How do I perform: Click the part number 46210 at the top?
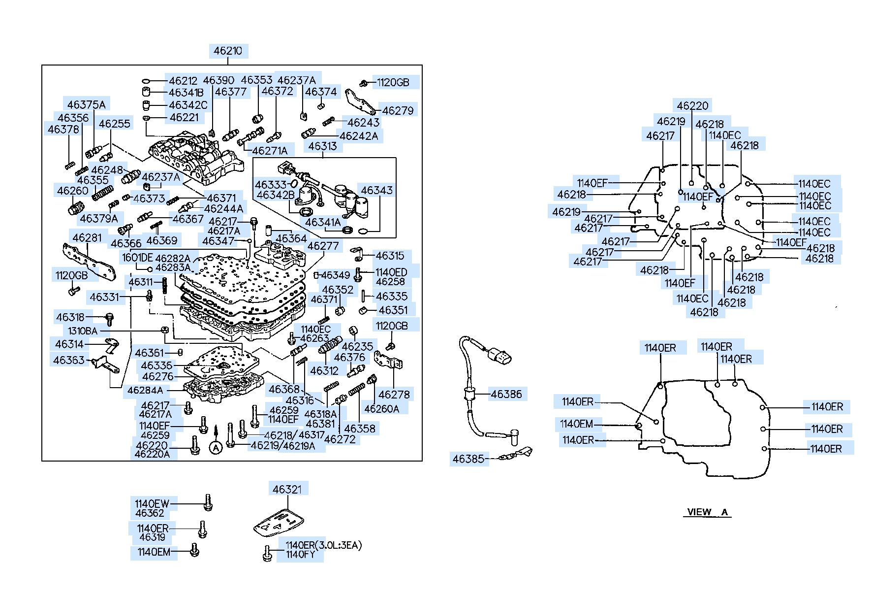tap(228, 51)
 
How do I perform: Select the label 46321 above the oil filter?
tap(287, 489)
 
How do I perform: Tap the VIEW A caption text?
tap(707, 512)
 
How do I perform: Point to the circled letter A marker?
tap(216, 447)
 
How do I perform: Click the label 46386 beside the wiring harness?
tap(506, 394)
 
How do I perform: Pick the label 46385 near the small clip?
tap(468, 459)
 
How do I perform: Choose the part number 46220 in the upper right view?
tap(692, 106)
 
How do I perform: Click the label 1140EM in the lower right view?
tap(576, 424)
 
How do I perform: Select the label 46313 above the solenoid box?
tap(322, 146)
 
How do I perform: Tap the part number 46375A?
tap(86, 104)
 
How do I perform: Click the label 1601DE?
tap(137, 258)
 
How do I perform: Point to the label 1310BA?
tap(83, 331)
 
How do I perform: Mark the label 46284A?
tap(145, 390)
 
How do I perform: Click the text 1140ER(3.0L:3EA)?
tap(323, 545)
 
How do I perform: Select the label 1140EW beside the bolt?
tap(152, 504)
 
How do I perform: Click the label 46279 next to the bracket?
tap(398, 111)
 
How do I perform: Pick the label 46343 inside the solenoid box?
tap(376, 190)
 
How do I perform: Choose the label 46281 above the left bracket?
tap(87, 238)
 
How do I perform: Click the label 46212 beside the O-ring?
tap(183, 81)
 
